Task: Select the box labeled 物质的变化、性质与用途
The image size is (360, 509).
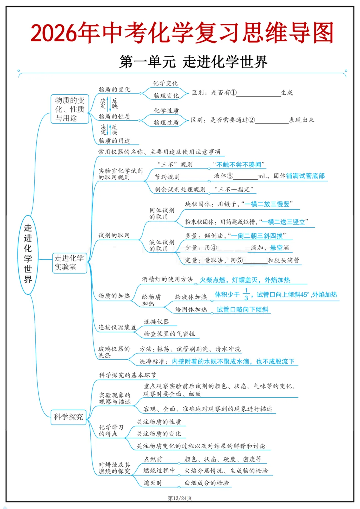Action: (x=70, y=109)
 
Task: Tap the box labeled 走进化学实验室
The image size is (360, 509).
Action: (x=69, y=263)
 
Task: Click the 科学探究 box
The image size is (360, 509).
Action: (x=68, y=417)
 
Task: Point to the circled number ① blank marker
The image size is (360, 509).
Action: (x=233, y=93)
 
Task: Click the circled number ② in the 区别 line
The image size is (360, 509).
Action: (x=252, y=120)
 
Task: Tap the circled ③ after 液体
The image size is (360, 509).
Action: (x=230, y=176)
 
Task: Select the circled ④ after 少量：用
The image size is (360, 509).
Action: (x=213, y=248)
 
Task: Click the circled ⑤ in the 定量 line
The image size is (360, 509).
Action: (x=239, y=260)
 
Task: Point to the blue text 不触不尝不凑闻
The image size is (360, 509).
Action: (x=239, y=165)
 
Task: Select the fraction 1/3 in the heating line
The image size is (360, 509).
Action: (x=246, y=294)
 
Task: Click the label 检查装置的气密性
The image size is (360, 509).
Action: (x=169, y=334)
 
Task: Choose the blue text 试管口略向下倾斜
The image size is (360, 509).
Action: (x=242, y=310)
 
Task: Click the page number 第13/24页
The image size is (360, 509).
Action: (x=180, y=498)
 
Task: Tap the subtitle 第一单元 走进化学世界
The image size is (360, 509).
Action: (x=193, y=62)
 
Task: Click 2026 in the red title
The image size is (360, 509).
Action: (x=53, y=33)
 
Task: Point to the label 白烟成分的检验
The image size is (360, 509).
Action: (x=207, y=483)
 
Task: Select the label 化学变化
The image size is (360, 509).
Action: (x=165, y=83)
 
